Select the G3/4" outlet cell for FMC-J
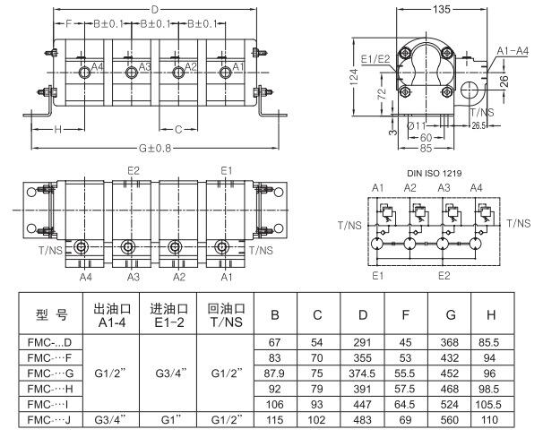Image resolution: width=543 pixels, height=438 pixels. click(x=110, y=418)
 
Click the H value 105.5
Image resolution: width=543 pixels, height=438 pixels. click(x=491, y=403)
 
